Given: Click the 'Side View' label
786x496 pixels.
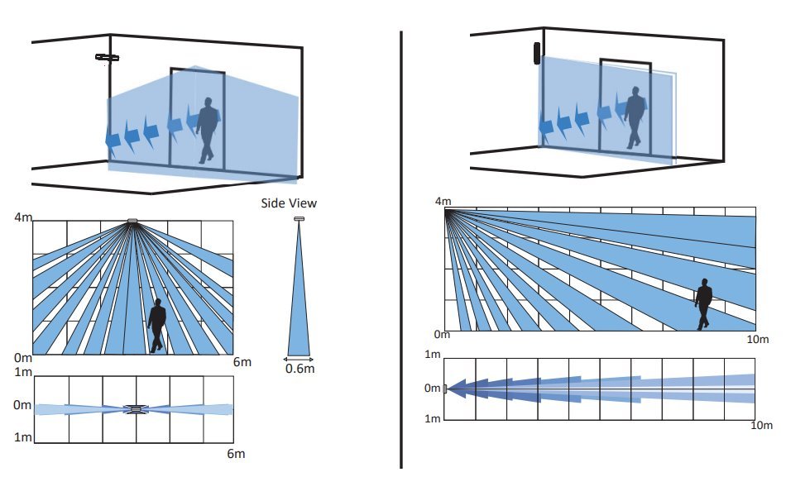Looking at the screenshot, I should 289,203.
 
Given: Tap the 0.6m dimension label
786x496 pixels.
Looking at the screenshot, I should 300,369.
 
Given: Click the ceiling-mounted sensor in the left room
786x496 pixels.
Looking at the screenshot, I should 108,57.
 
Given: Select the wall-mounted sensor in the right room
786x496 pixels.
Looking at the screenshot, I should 537,53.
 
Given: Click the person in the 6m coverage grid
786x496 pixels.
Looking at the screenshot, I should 156,326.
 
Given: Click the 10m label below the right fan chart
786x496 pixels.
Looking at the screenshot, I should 757,339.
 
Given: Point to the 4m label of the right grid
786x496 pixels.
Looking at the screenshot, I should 443,202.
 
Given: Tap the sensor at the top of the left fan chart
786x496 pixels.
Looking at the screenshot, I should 132,221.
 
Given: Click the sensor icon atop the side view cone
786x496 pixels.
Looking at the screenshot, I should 299,219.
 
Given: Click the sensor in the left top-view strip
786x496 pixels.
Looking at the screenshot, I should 134,408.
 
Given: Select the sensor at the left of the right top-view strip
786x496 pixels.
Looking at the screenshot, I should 445,389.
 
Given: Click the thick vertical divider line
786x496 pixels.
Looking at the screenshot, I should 401,248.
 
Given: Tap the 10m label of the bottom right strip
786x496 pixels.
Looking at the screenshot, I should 762,425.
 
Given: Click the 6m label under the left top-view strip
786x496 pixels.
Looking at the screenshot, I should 235,453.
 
